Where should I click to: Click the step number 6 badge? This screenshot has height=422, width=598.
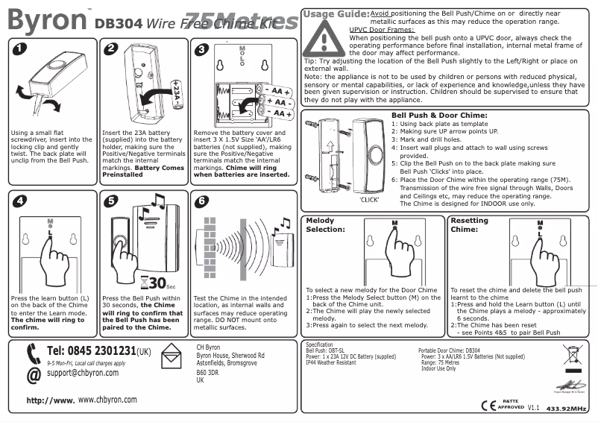tap(200, 201)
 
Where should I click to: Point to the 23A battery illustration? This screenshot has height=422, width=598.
tap(176, 94)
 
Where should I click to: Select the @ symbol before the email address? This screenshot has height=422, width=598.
tap(32, 375)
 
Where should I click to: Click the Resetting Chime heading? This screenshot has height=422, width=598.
tap(470, 225)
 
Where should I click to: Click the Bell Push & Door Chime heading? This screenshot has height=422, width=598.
tap(439, 116)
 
